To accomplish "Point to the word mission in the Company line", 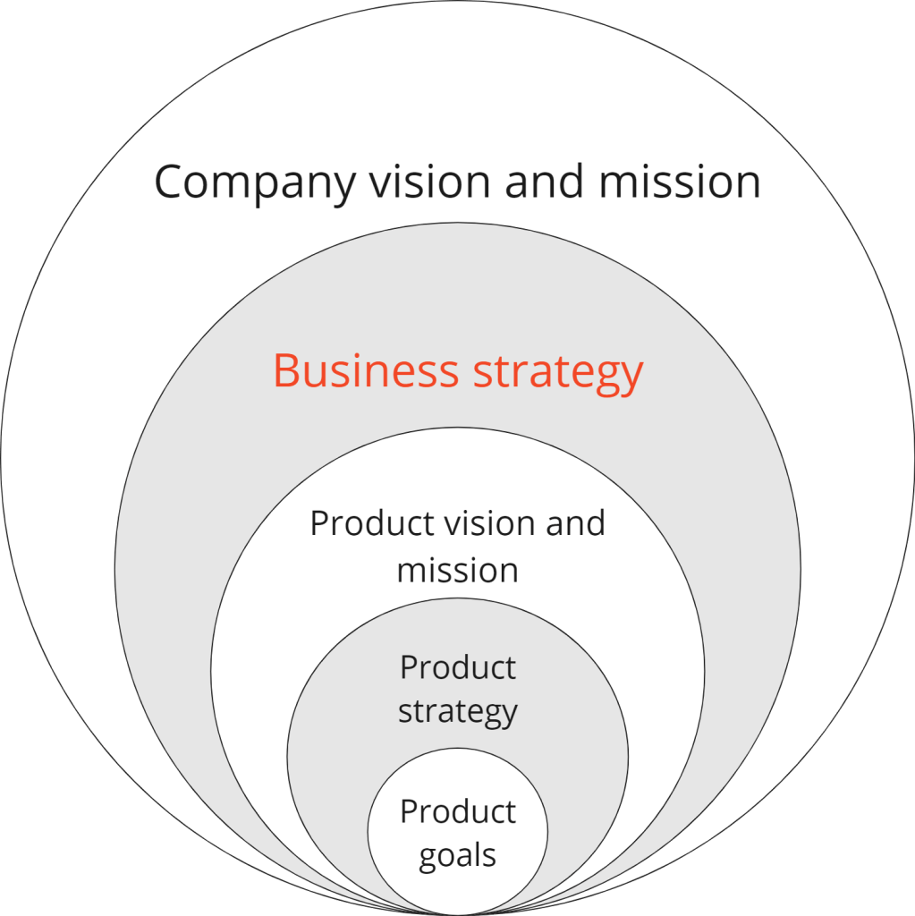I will pyautogui.click(x=680, y=182).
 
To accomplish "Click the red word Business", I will pyautogui.click(x=367, y=370).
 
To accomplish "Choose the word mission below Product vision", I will pyautogui.click(x=457, y=571).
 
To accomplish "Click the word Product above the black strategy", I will pyautogui.click(x=457, y=667).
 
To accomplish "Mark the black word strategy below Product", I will pyautogui.click(x=457, y=713).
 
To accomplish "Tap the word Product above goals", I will pyautogui.click(x=457, y=811).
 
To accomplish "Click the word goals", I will pyautogui.click(x=457, y=856).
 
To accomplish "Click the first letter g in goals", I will pyautogui.click(x=429, y=859).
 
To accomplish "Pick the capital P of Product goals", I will pyautogui.click(x=408, y=811).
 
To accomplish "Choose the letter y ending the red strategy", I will pyautogui.click(x=632, y=376).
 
